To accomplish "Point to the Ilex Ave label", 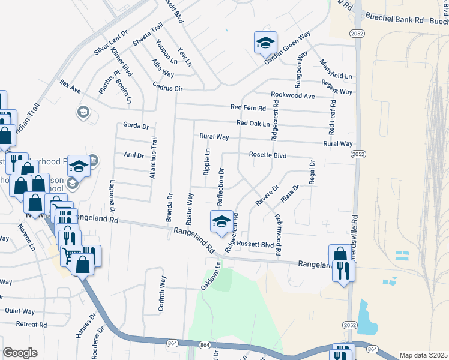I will tap(70, 86).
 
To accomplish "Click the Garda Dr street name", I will tap(135, 126).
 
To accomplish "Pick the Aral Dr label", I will tap(134, 155).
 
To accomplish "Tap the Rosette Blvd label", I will tap(267, 155).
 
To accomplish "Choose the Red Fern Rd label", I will tap(248, 108).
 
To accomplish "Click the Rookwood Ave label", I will tap(292, 96).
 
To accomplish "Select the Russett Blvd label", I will tap(255, 244).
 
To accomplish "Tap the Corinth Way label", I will tap(162, 293).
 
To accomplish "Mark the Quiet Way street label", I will tap(20, 311).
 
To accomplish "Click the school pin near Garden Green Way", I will tap(265, 43).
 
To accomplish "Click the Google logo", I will tap(20, 353).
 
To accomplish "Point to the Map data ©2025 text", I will tap(423, 355).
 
